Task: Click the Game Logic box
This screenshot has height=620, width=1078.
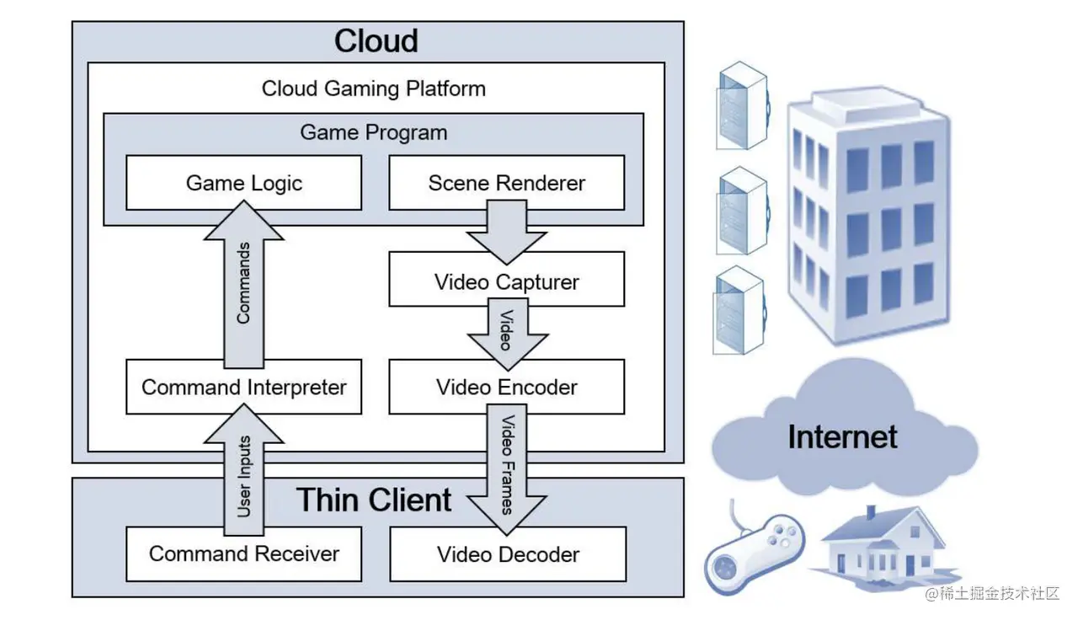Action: coord(243,183)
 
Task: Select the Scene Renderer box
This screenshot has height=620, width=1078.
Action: coord(506,183)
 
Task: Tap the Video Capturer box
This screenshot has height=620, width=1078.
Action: coord(506,281)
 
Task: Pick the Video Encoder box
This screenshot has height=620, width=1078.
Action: coord(506,387)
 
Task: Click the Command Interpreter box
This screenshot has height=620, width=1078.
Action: coord(243,387)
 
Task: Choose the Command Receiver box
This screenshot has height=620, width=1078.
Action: coord(243,553)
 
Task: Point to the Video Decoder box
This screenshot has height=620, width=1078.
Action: coord(508,554)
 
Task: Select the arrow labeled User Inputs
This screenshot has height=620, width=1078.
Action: coord(243,472)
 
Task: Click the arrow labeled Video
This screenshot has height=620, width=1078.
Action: coord(506,334)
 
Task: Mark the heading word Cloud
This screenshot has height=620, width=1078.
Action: coord(376,41)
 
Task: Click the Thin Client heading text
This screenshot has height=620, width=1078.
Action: coord(375,500)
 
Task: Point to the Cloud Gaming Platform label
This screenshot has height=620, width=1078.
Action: coord(373,88)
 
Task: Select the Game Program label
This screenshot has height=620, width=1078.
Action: coord(373,132)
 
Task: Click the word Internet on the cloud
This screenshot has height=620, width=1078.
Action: coord(842,436)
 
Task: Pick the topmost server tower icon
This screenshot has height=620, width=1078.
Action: coord(741,107)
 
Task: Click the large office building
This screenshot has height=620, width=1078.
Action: coord(867,219)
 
